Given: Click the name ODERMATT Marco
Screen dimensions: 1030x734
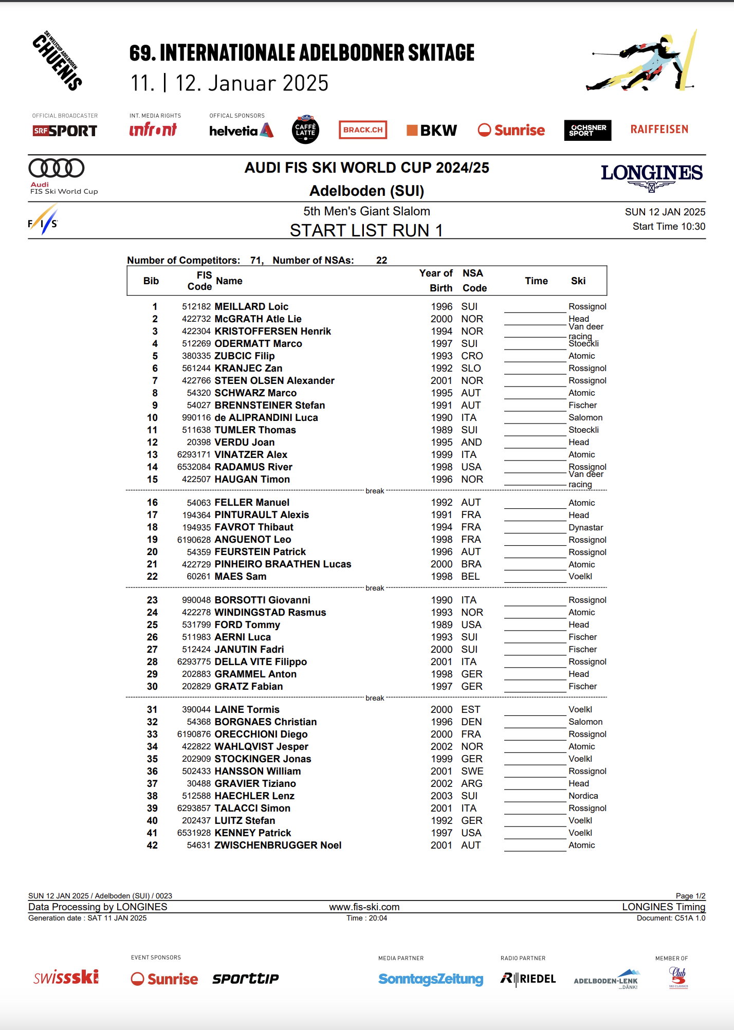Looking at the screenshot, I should click(258, 343).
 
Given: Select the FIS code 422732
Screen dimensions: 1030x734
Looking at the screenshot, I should click(196, 319).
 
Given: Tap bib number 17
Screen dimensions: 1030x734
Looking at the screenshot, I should click(152, 514).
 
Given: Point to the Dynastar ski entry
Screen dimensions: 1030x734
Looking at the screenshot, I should click(585, 527).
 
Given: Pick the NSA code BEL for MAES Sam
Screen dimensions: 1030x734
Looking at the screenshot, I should click(470, 576).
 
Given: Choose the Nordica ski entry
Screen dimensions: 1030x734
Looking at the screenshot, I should click(583, 796).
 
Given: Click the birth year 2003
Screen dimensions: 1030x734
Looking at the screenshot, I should click(442, 796).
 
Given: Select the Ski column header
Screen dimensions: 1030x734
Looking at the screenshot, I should click(578, 281).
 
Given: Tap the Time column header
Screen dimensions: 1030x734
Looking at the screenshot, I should click(536, 281).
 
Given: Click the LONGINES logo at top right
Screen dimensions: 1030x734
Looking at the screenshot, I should click(651, 176).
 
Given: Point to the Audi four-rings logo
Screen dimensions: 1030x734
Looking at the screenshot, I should click(57, 168).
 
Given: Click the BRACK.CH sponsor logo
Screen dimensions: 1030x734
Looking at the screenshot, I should click(363, 130).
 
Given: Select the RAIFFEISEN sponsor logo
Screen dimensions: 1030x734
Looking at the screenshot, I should click(659, 130).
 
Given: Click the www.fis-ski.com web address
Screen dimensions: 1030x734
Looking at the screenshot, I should click(364, 907).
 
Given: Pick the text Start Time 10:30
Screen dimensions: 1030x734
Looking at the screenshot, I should click(668, 227).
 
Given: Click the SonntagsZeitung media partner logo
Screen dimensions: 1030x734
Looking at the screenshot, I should click(431, 979).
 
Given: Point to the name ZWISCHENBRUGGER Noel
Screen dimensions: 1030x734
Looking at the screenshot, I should click(278, 845).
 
